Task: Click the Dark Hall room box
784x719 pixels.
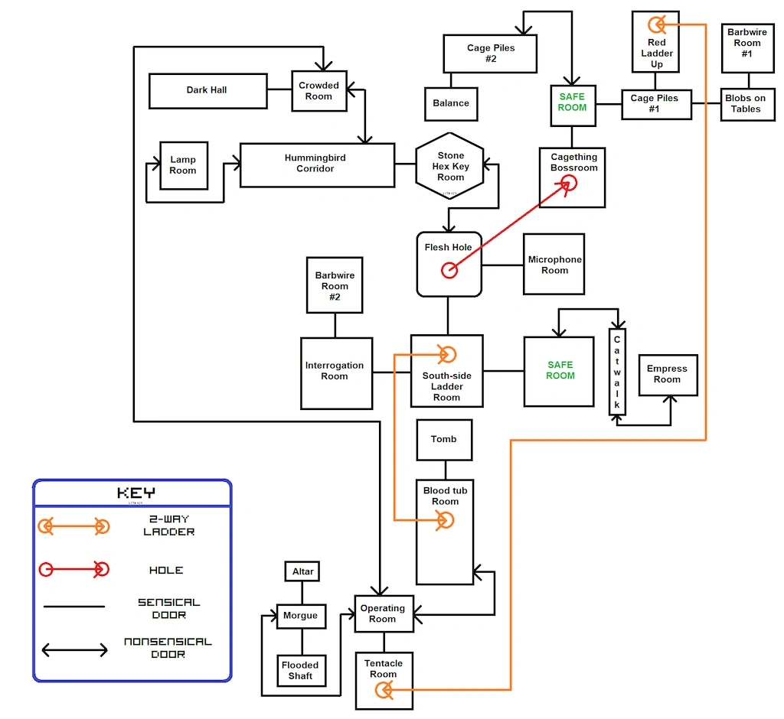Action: point(207,90)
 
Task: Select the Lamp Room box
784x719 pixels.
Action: point(183,165)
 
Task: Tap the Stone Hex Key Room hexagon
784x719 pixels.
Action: point(450,167)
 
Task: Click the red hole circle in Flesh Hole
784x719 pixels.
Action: point(449,270)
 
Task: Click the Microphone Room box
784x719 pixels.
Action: point(554,265)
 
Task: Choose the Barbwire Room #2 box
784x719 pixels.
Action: point(335,285)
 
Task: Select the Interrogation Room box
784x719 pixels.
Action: point(336,373)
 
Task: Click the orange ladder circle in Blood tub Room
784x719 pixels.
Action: point(444,521)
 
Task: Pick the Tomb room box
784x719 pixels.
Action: point(443,439)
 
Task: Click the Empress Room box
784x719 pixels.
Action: point(667,375)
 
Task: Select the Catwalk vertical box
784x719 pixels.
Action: point(617,372)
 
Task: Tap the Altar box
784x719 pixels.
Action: point(303,571)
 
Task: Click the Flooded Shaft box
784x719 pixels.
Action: point(300,671)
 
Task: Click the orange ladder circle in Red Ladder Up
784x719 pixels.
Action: point(656,24)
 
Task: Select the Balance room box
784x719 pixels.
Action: point(451,103)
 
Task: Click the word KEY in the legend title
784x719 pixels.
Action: point(136,493)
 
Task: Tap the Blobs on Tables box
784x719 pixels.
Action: point(745,104)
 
